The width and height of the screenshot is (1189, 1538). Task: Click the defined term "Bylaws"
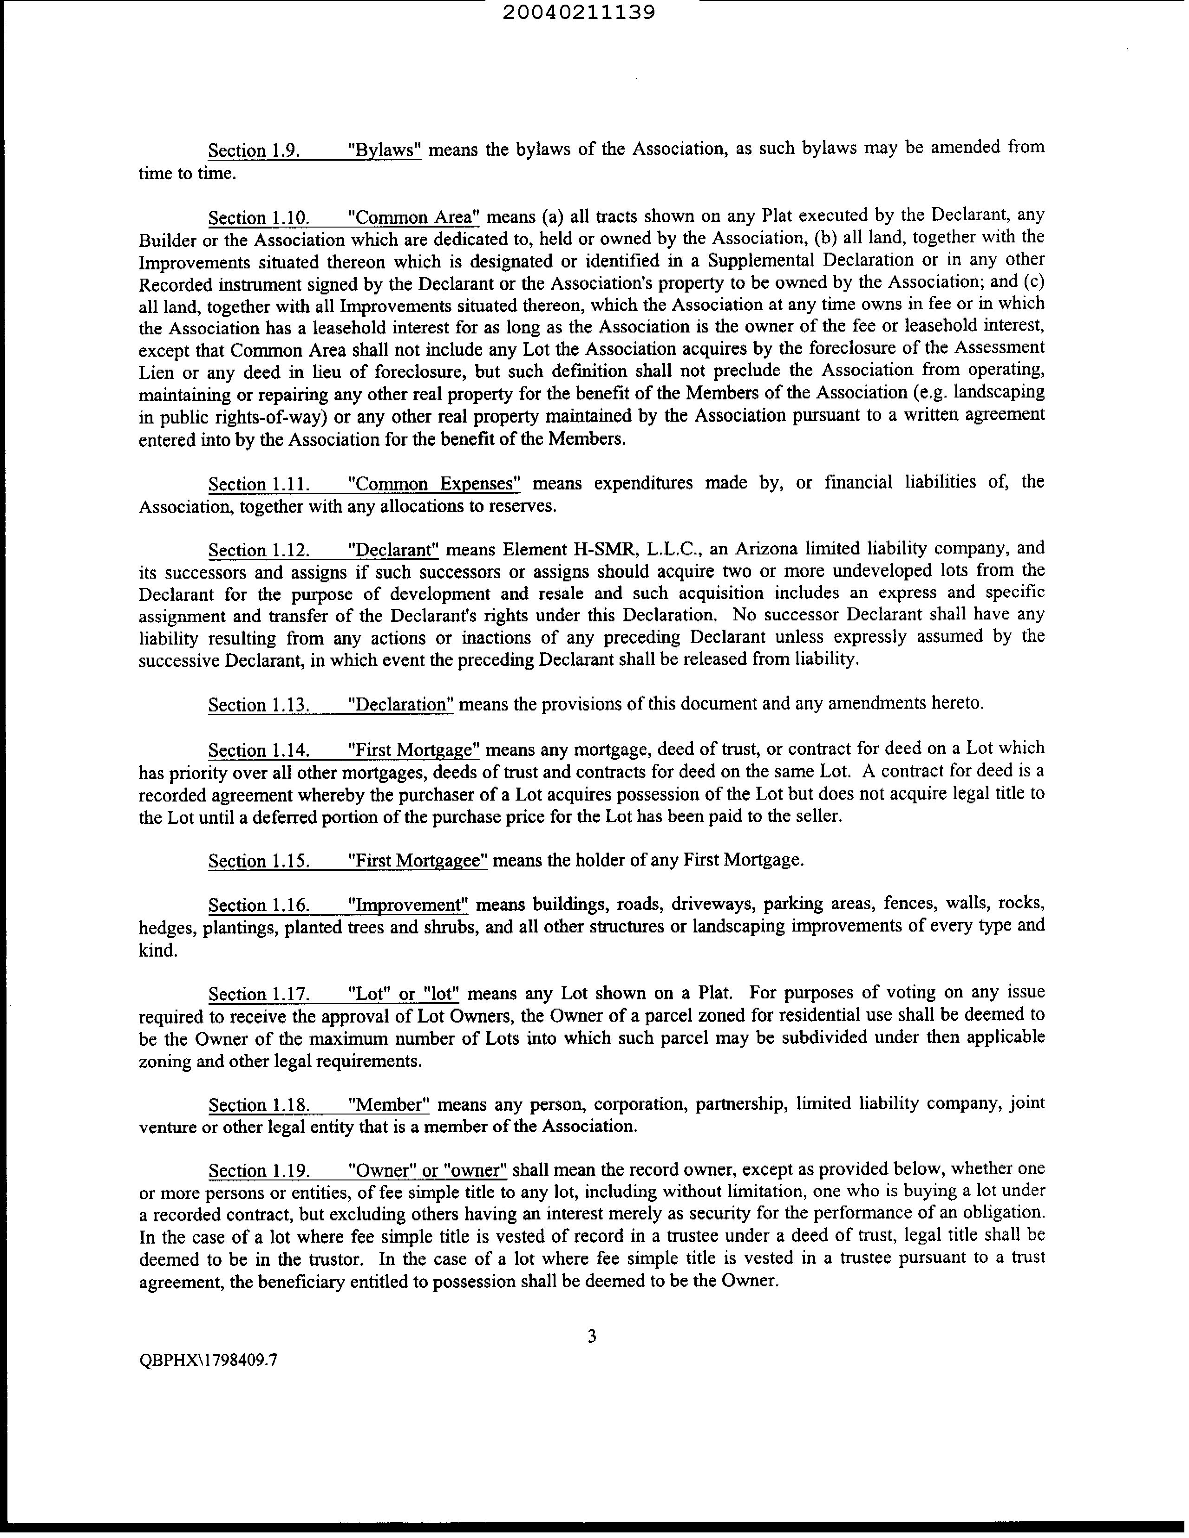pos(385,150)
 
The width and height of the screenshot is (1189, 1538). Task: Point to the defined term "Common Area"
pos(414,217)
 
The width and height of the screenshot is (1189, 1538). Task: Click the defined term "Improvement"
pos(409,905)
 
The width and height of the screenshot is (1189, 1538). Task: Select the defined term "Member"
pos(389,1104)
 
